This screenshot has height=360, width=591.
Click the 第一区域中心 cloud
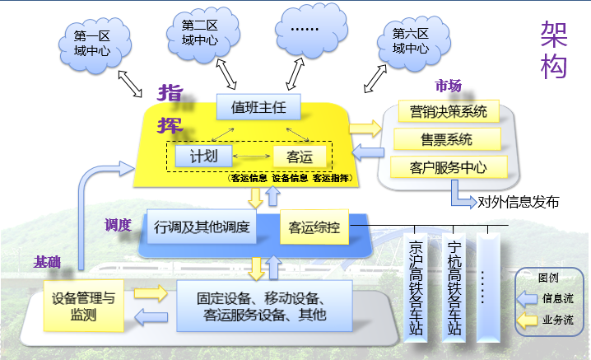92,42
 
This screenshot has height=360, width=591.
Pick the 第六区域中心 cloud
410,40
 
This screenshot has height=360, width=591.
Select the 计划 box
202,156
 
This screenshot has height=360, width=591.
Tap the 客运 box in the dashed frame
300,156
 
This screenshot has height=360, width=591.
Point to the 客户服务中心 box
447,167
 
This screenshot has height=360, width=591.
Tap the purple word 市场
448,86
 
